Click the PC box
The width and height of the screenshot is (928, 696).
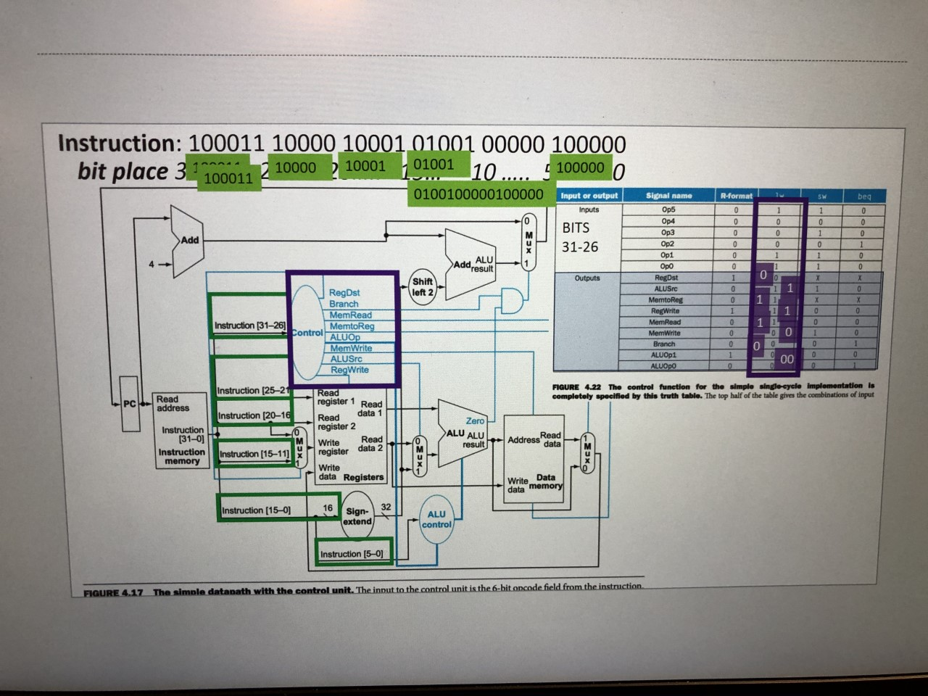click(130, 404)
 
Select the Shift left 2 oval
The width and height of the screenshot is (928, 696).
click(423, 287)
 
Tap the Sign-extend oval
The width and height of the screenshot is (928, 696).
click(357, 516)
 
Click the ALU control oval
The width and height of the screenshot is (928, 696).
click(436, 519)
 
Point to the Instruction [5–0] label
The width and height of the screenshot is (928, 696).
click(352, 554)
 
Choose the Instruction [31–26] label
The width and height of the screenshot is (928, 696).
click(249, 326)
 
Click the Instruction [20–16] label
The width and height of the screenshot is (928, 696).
click(254, 415)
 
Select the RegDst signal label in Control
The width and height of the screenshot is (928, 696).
click(344, 293)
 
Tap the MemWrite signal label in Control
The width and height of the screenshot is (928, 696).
click(351, 348)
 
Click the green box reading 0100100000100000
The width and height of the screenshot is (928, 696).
click(478, 194)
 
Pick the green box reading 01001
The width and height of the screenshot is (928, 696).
click(434, 165)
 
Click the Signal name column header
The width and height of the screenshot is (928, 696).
click(668, 196)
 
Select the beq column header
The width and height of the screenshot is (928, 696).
click(864, 196)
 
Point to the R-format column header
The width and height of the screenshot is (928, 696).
click(736, 196)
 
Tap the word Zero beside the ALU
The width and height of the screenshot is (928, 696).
click(475, 420)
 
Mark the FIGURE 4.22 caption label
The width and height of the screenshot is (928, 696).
click(577, 387)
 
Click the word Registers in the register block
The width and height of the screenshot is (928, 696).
click(363, 477)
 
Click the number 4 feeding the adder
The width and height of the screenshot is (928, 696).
click(152, 265)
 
